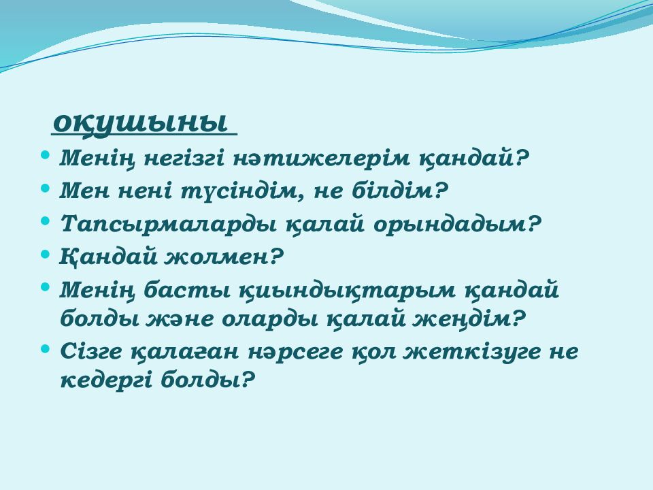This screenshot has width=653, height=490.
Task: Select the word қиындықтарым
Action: point(348,291)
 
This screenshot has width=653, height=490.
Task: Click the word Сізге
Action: point(91,352)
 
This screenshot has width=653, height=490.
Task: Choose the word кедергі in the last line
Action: point(106,381)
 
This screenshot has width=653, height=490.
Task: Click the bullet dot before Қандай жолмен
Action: point(46,253)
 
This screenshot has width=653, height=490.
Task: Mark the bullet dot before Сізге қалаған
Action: point(46,348)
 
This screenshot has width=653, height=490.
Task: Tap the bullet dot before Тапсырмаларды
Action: point(46,220)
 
